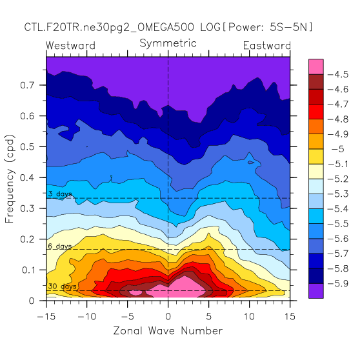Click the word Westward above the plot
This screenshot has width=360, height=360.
tap(70, 45)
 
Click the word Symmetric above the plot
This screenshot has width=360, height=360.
tap(168, 43)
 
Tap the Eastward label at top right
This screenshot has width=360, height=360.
tap(267, 45)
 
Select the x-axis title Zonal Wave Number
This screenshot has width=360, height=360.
tap(168, 331)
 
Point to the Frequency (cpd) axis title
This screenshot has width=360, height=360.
tap(10, 179)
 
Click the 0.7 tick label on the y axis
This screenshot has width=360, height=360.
tap(27, 85)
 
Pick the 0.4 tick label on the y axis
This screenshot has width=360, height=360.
tap(27, 177)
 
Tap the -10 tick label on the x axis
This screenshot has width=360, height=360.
tap(87, 317)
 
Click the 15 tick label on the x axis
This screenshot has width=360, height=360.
tap(290, 317)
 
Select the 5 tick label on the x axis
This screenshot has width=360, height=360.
tap(208, 317)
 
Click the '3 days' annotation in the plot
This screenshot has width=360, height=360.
tap(60, 194)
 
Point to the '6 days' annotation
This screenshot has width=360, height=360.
tap(60, 246)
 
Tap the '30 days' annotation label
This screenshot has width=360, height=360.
tap(62, 286)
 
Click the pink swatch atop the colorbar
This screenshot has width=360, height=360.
tap(316, 66)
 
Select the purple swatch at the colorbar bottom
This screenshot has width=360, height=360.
tap(316, 291)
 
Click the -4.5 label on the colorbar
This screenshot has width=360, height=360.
tap(338, 74)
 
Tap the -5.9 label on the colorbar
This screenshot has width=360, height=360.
tap(338, 283)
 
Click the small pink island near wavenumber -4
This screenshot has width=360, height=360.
tap(135, 292)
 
